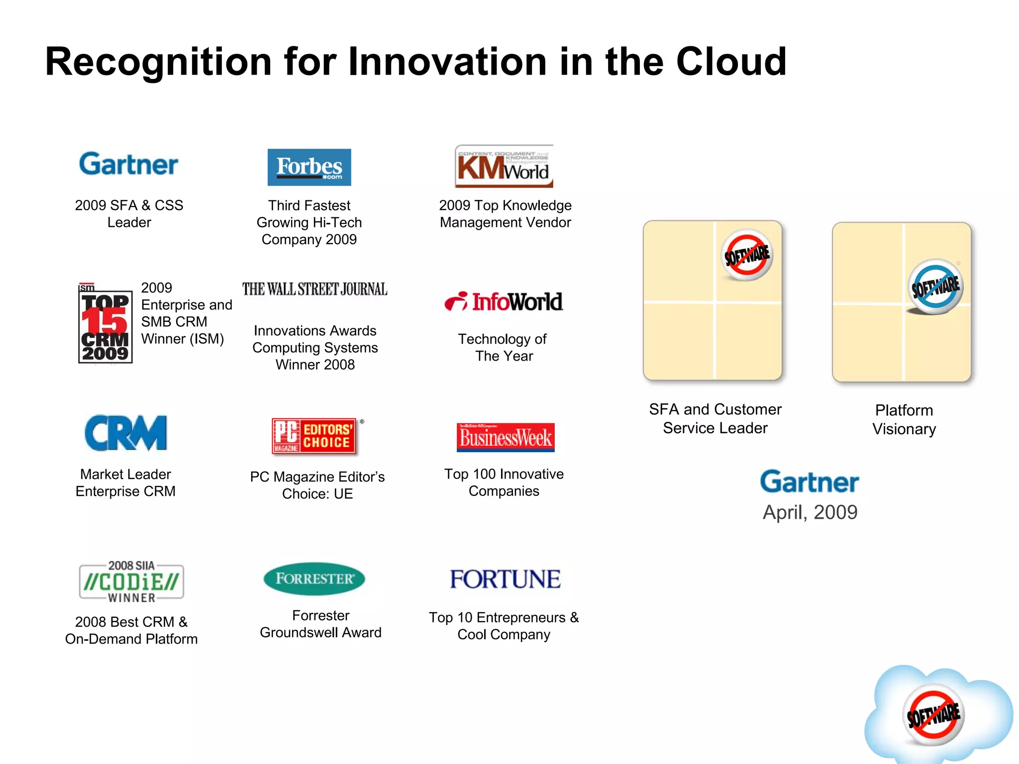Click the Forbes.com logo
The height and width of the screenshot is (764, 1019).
(309, 167)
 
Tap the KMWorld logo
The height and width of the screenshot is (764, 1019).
(504, 166)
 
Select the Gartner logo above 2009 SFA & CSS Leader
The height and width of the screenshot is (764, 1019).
(128, 164)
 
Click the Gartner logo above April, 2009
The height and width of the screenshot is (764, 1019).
(809, 481)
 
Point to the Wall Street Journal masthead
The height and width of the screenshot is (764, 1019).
(314, 289)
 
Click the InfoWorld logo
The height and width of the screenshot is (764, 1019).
(504, 301)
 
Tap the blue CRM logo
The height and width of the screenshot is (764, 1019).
(126, 433)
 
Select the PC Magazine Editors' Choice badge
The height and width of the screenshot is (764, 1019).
(314, 436)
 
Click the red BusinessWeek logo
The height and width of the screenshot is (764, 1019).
(506, 437)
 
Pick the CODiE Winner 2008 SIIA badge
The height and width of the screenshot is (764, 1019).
(131, 581)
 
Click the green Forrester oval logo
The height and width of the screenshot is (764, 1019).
(314, 578)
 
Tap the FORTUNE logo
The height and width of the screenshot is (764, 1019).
(505, 579)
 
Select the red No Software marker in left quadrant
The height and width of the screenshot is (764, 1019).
(746, 255)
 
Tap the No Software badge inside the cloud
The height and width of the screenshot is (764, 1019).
(933, 715)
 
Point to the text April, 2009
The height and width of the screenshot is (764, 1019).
(810, 512)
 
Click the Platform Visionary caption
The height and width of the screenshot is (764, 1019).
(904, 419)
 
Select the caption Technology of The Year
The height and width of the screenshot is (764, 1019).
(503, 347)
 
